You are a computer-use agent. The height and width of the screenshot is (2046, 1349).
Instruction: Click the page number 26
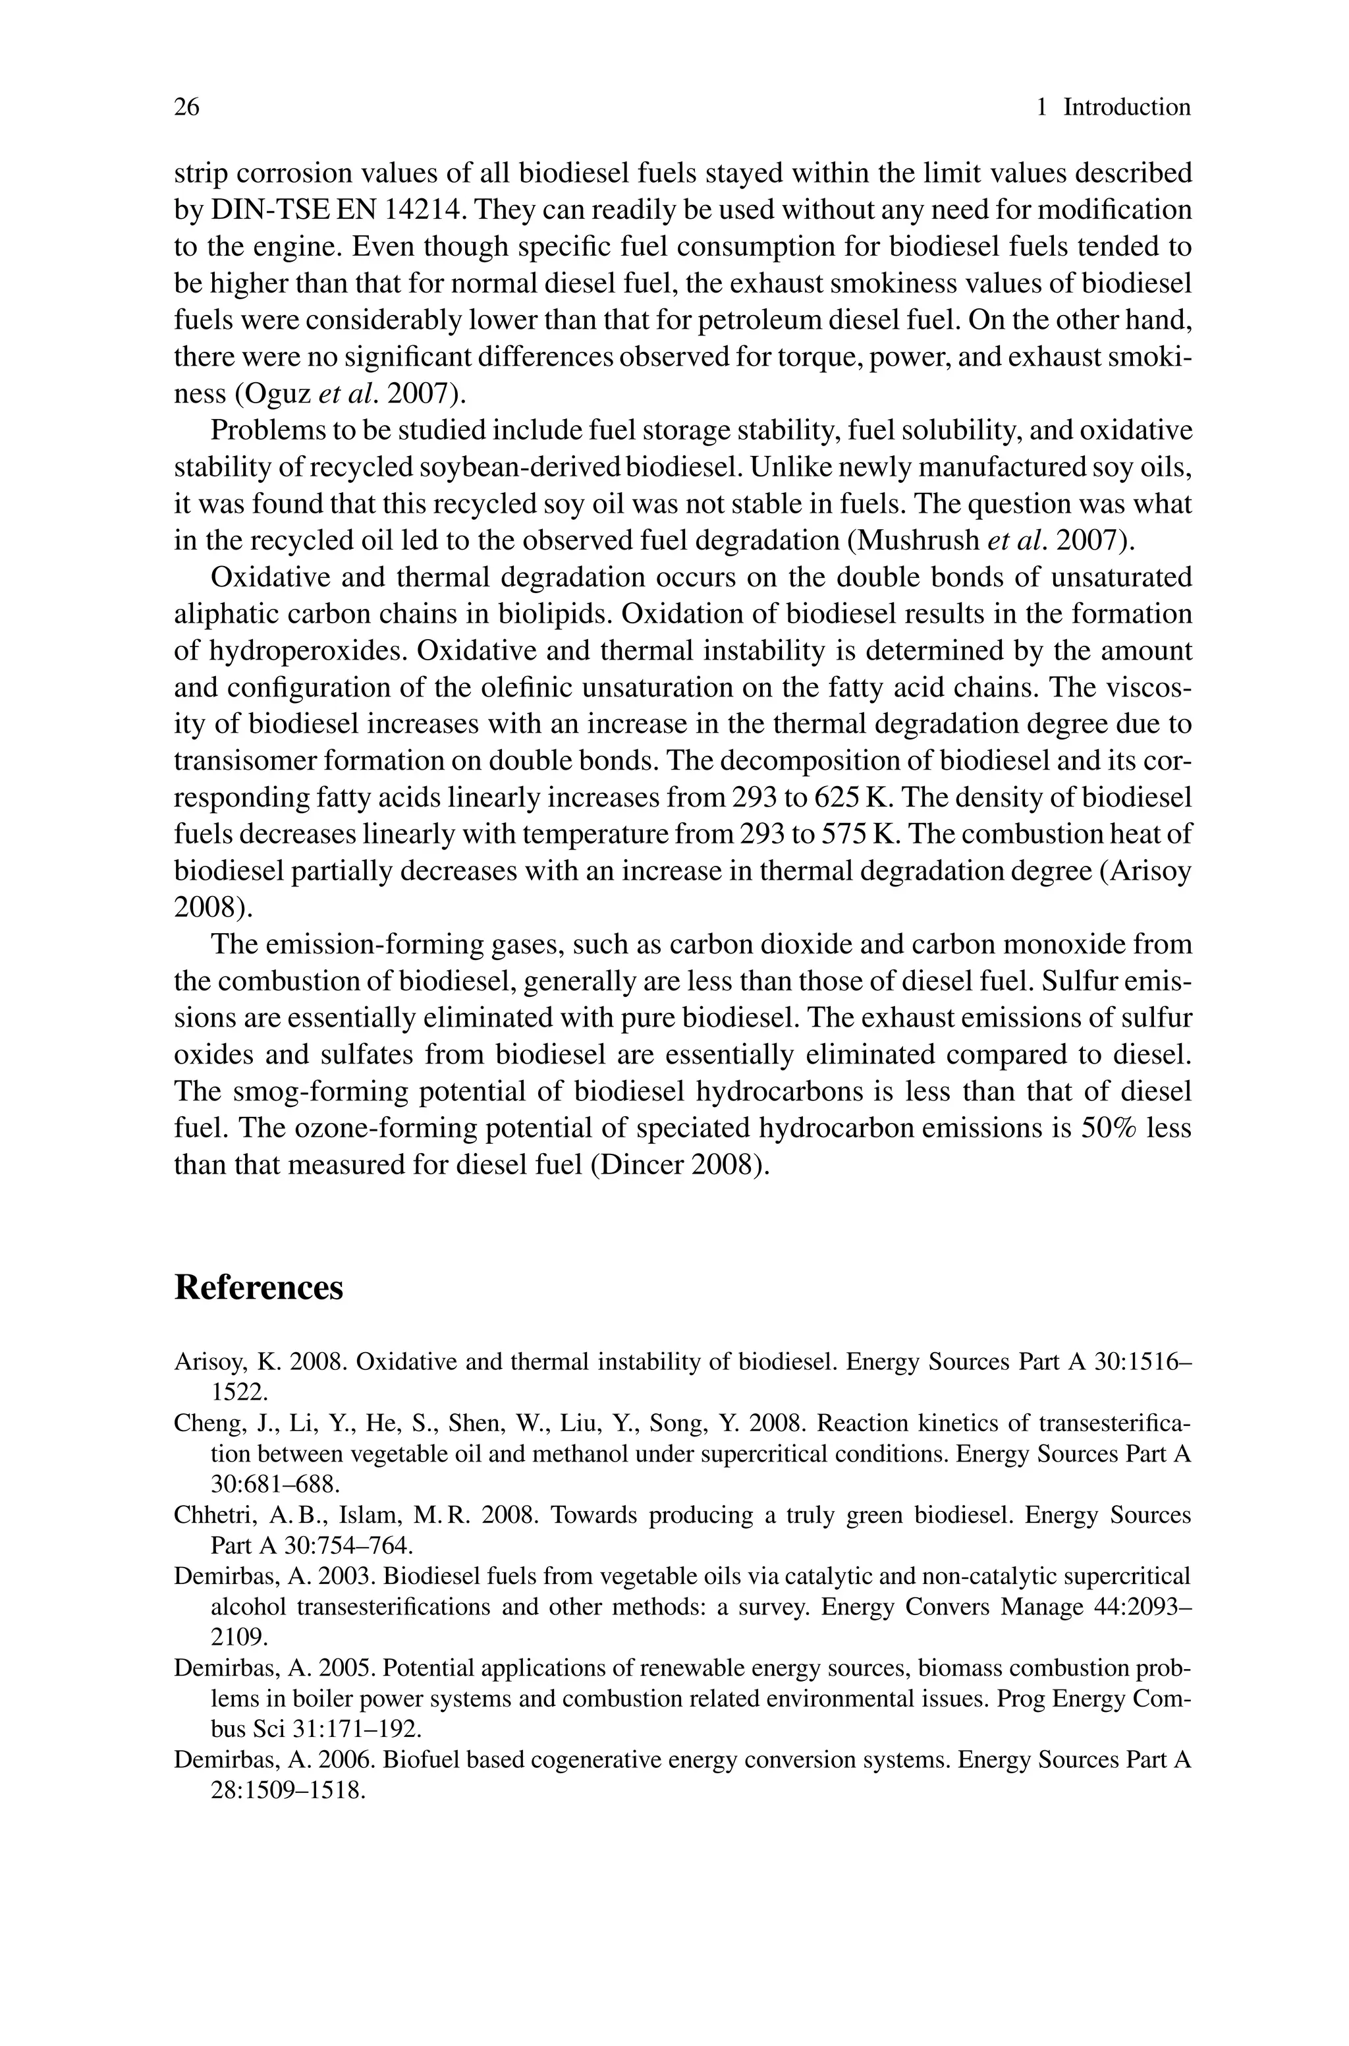point(186,107)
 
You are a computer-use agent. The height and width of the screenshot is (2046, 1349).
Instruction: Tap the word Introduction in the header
point(1126,107)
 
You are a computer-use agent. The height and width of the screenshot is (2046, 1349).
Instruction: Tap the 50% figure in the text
point(1109,1128)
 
